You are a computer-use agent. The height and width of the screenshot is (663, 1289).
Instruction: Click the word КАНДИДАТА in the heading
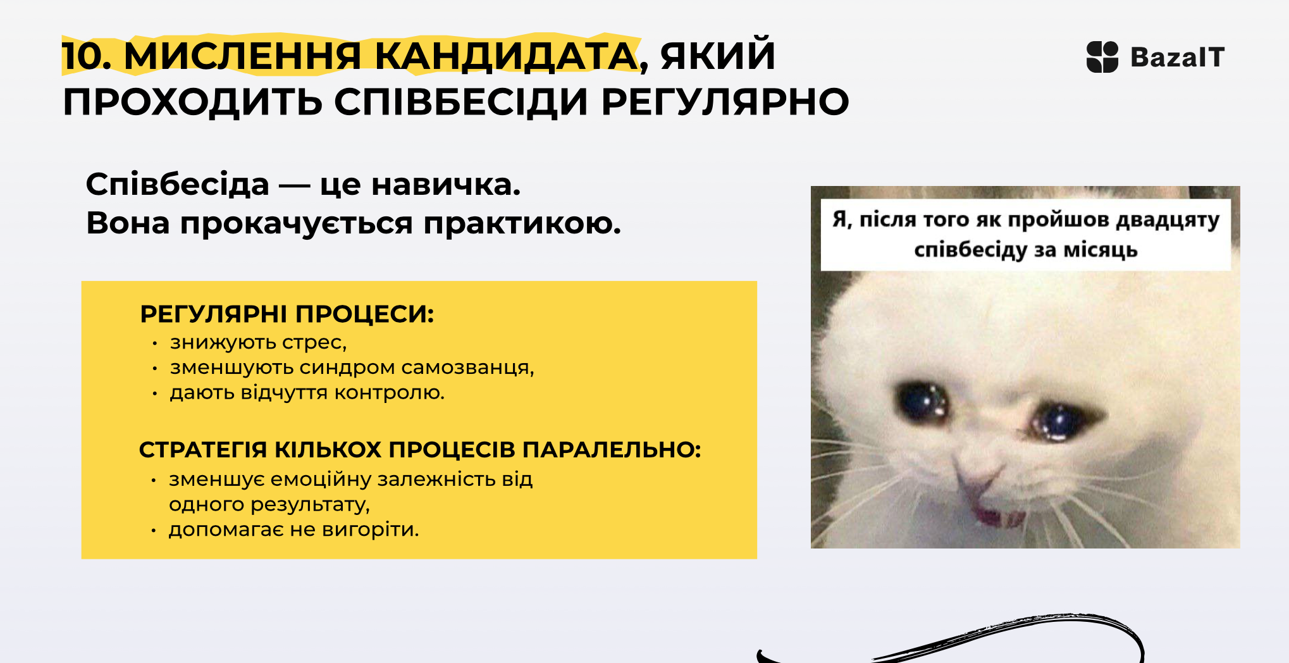tap(506, 56)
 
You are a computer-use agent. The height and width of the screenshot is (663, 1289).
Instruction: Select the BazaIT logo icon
tap(1102, 57)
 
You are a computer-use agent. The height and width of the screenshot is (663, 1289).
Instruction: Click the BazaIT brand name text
tap(1177, 57)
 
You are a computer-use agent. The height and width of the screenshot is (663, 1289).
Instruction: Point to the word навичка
tap(445, 185)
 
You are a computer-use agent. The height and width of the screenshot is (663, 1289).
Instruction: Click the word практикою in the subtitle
tap(522, 223)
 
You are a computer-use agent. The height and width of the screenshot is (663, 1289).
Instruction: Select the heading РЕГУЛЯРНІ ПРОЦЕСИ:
tap(287, 314)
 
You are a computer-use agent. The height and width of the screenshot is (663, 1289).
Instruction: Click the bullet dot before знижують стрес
tap(154, 344)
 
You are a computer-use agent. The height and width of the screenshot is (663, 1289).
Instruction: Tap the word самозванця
tap(467, 368)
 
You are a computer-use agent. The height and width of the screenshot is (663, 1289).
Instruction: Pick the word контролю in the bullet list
tap(389, 393)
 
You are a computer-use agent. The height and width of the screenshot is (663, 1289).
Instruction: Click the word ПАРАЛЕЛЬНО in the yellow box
tap(612, 449)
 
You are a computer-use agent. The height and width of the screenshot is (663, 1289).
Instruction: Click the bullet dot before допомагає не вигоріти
tap(153, 530)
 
